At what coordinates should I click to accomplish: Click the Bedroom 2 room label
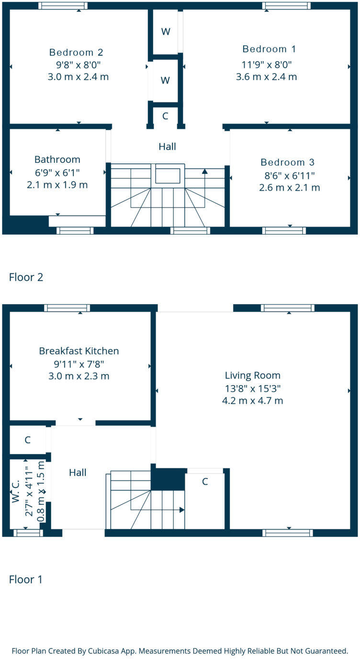(76, 52)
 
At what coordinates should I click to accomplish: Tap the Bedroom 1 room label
(269, 49)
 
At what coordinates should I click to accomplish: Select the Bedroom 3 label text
(287, 162)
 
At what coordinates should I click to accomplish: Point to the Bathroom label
(57, 159)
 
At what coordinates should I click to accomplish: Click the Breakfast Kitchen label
(79, 351)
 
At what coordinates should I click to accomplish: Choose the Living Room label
(253, 375)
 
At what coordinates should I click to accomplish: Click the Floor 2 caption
(26, 277)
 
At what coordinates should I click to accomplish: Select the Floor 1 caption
(26, 579)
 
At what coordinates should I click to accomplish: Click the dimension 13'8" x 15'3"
(253, 388)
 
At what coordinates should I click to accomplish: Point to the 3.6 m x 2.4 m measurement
(267, 77)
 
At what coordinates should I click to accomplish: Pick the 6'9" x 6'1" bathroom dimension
(57, 172)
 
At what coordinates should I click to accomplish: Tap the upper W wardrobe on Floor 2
(166, 32)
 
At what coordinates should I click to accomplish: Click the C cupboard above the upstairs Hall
(165, 116)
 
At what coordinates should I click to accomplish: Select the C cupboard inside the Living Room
(205, 482)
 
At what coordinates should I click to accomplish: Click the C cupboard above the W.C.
(28, 440)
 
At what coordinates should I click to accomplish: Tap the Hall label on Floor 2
(167, 147)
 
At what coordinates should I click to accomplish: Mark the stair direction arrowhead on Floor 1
(182, 510)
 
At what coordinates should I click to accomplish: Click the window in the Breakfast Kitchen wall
(67, 308)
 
